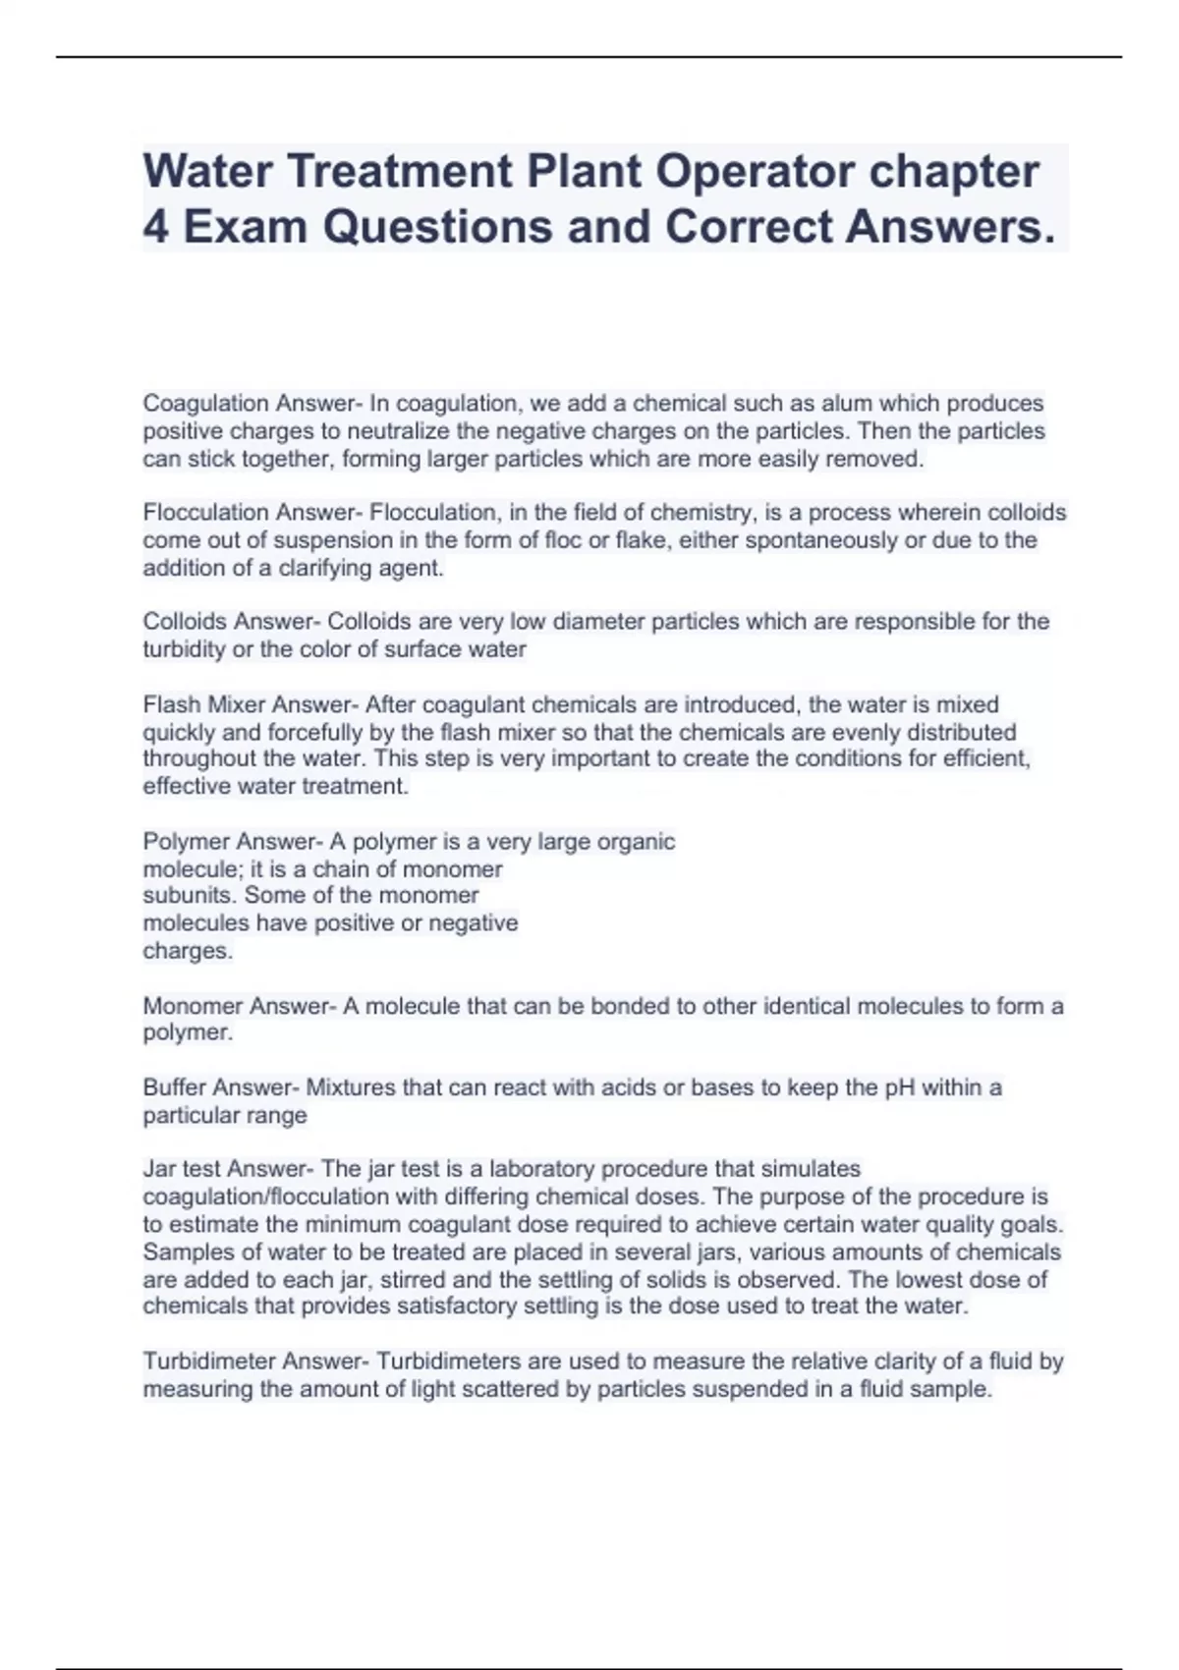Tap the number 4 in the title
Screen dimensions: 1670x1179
tap(155, 227)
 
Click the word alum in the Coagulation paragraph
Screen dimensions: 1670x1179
tap(844, 404)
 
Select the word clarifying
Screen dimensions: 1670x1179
tap(312, 568)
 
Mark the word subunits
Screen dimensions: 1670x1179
tap(190, 896)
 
